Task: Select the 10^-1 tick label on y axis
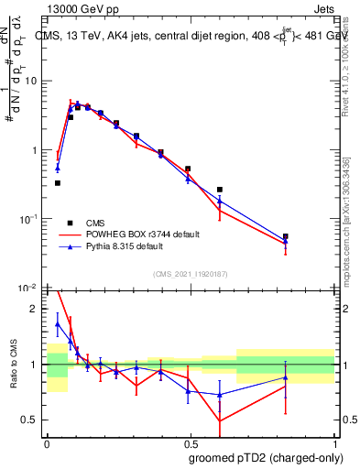(30, 219)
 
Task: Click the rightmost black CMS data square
(286, 236)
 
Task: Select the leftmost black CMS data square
(58, 183)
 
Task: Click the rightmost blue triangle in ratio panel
(286, 377)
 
